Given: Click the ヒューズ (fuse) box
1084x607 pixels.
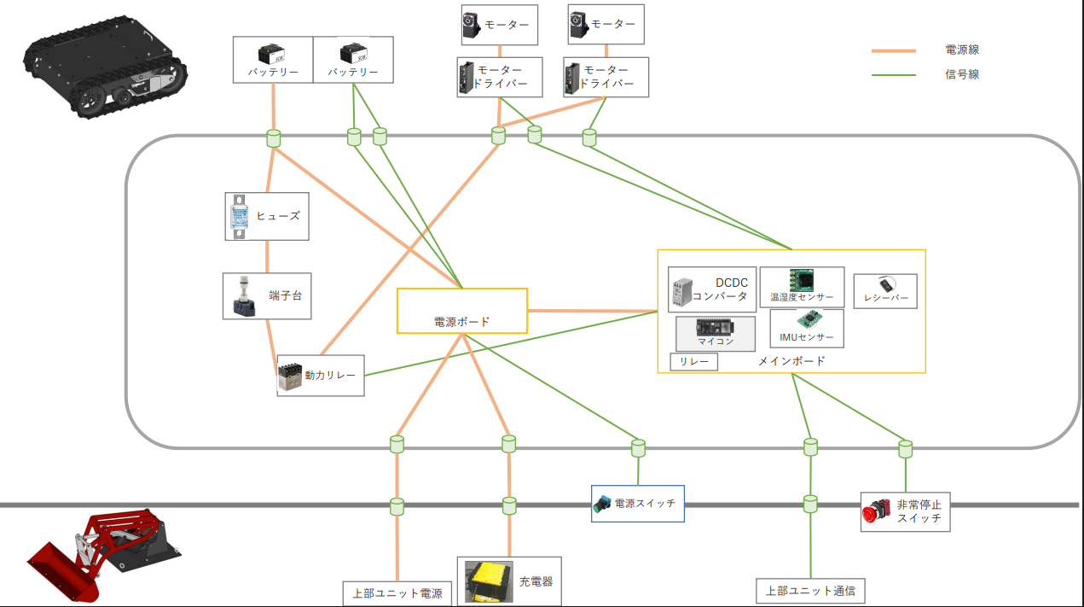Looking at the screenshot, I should click(x=267, y=216).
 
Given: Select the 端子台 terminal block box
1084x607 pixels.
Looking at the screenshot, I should click(x=266, y=296).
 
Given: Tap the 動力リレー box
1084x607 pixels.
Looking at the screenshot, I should click(x=321, y=376).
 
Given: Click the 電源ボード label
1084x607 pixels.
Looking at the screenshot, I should click(x=461, y=322).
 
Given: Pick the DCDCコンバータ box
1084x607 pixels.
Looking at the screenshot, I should click(x=711, y=290).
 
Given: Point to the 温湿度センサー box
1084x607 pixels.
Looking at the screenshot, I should click(x=802, y=288).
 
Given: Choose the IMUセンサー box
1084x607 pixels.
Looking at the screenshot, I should click(x=806, y=328).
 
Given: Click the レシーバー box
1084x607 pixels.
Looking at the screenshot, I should click(x=885, y=291).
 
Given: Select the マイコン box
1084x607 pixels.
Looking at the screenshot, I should click(x=715, y=333).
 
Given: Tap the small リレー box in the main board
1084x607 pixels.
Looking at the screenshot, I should click(x=693, y=362).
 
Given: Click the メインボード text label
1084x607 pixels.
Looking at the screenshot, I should click(x=791, y=361).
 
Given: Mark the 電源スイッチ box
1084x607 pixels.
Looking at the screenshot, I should click(x=637, y=504).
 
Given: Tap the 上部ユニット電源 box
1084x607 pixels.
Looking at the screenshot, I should click(x=397, y=592).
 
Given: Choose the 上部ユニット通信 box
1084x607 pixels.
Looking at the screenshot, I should click(x=810, y=590).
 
